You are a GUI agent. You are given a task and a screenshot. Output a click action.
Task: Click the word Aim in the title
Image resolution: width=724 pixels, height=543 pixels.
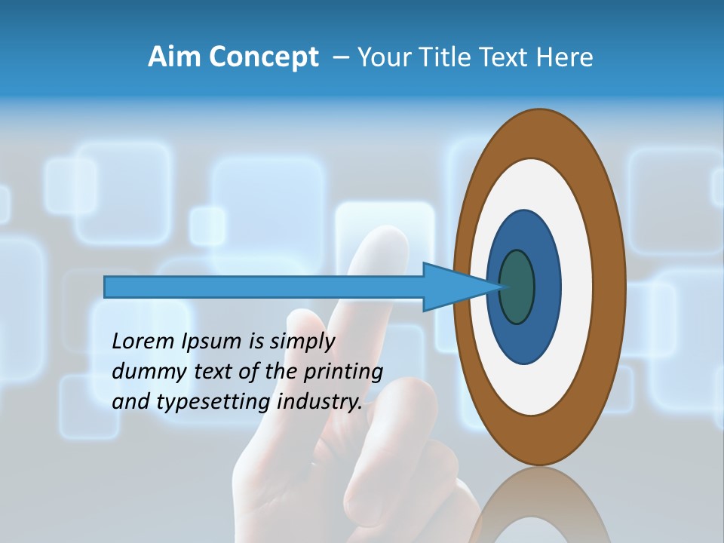click(x=173, y=57)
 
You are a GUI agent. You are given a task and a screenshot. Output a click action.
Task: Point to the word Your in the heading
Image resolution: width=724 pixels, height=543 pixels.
click(x=383, y=57)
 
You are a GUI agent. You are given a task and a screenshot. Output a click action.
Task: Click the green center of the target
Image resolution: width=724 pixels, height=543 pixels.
click(x=517, y=287)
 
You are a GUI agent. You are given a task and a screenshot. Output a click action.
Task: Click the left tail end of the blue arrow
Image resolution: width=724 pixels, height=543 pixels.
click(x=107, y=287)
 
